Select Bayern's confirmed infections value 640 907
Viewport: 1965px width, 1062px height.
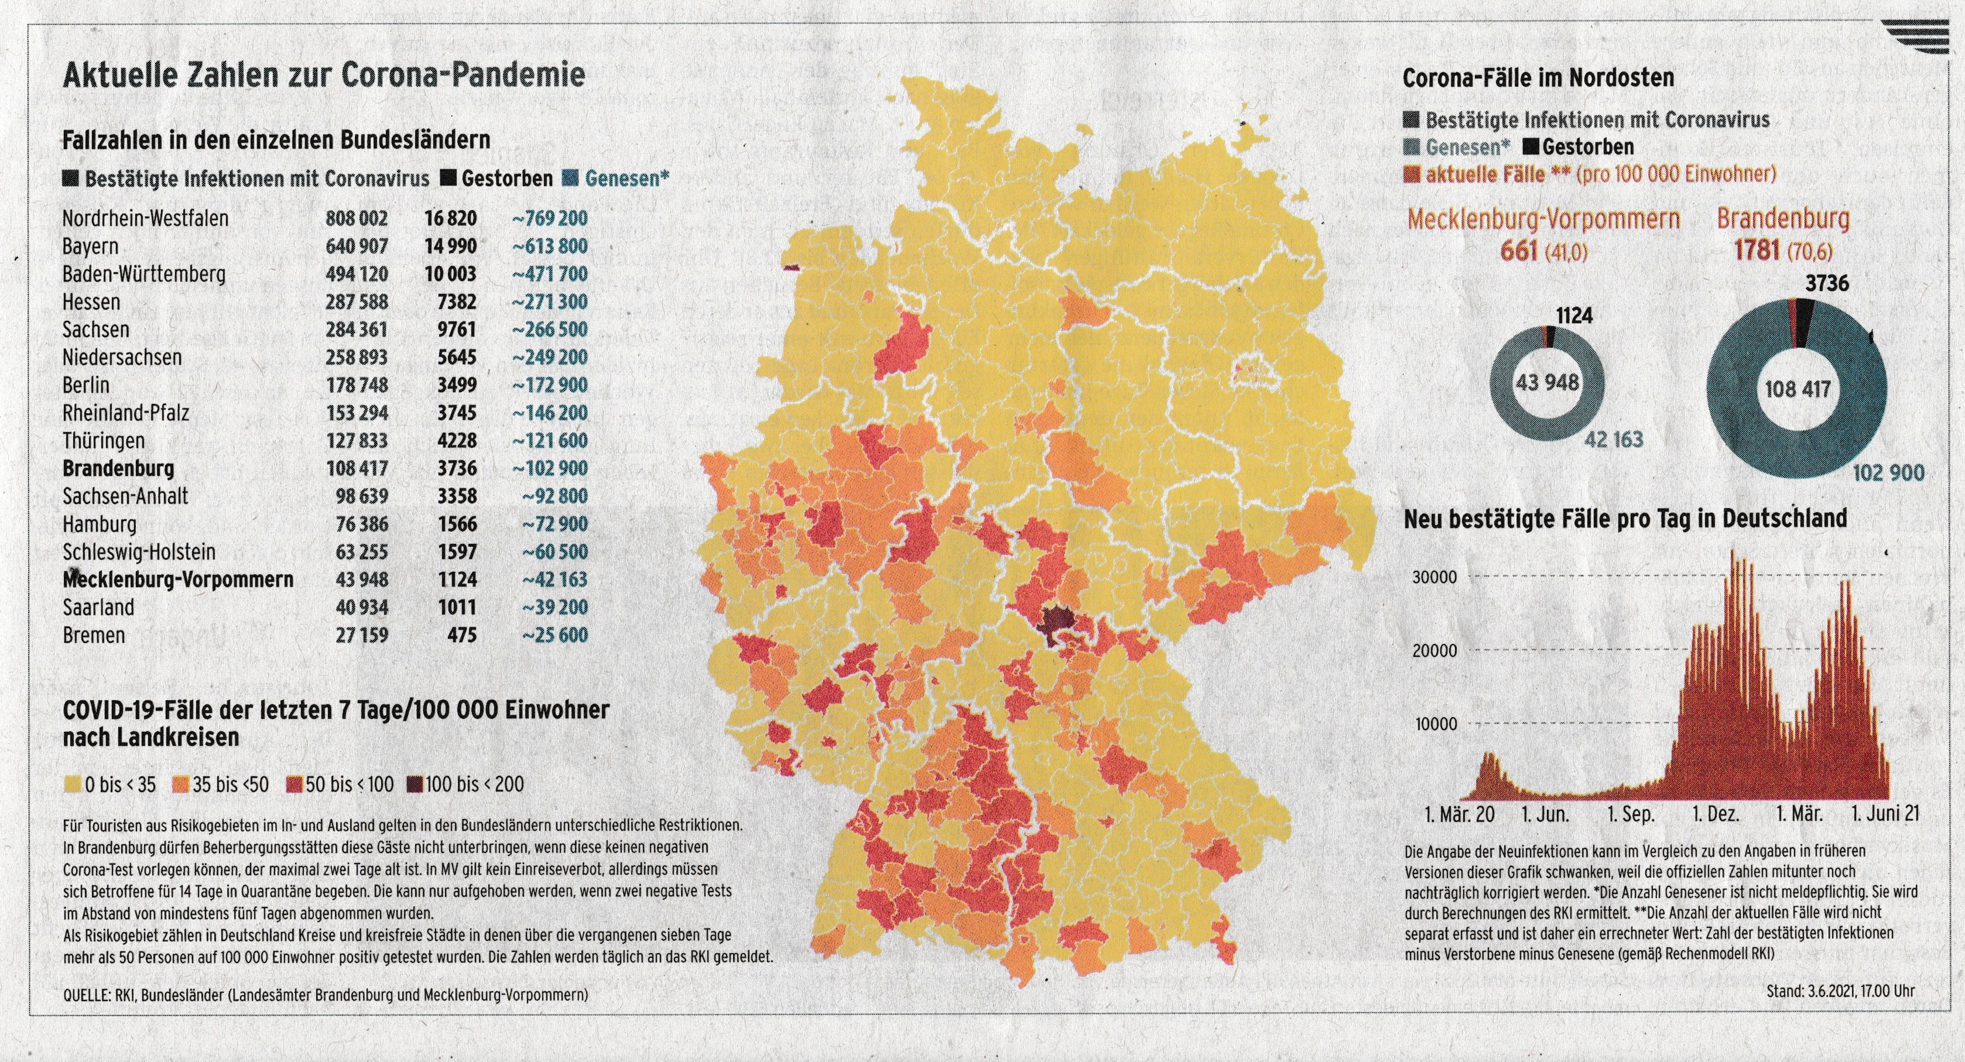point(357,246)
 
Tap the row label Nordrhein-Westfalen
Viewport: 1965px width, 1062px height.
point(145,219)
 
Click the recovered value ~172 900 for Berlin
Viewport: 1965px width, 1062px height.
point(549,385)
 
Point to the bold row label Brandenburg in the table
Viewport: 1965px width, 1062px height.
point(118,468)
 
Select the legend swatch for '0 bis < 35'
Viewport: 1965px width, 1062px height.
point(73,784)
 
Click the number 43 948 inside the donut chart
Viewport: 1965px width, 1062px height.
point(1547,382)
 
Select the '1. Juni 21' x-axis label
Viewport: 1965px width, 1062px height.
point(1884,814)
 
